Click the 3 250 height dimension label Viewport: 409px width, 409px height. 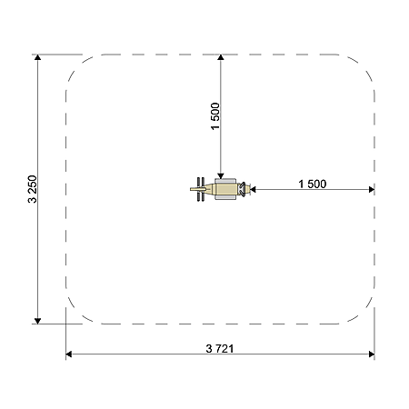pyautogui.click(x=32, y=189)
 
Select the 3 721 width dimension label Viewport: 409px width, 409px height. pyautogui.click(x=220, y=349)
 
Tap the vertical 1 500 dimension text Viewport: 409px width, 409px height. pyautogui.click(x=215, y=116)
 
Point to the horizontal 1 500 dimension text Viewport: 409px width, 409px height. pyautogui.click(x=313, y=184)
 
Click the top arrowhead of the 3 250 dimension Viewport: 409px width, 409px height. pyautogui.click(x=37, y=57)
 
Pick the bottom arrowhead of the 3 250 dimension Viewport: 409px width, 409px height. pyautogui.click(x=37, y=321)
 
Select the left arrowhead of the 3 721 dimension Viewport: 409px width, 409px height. pyautogui.click(x=69, y=354)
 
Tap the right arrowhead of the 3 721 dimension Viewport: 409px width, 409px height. pyautogui.click(x=372, y=354)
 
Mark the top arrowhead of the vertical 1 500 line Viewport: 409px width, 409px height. pyautogui.click(x=221, y=57)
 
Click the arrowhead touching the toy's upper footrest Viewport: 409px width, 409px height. pyautogui.click(x=221, y=175)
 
